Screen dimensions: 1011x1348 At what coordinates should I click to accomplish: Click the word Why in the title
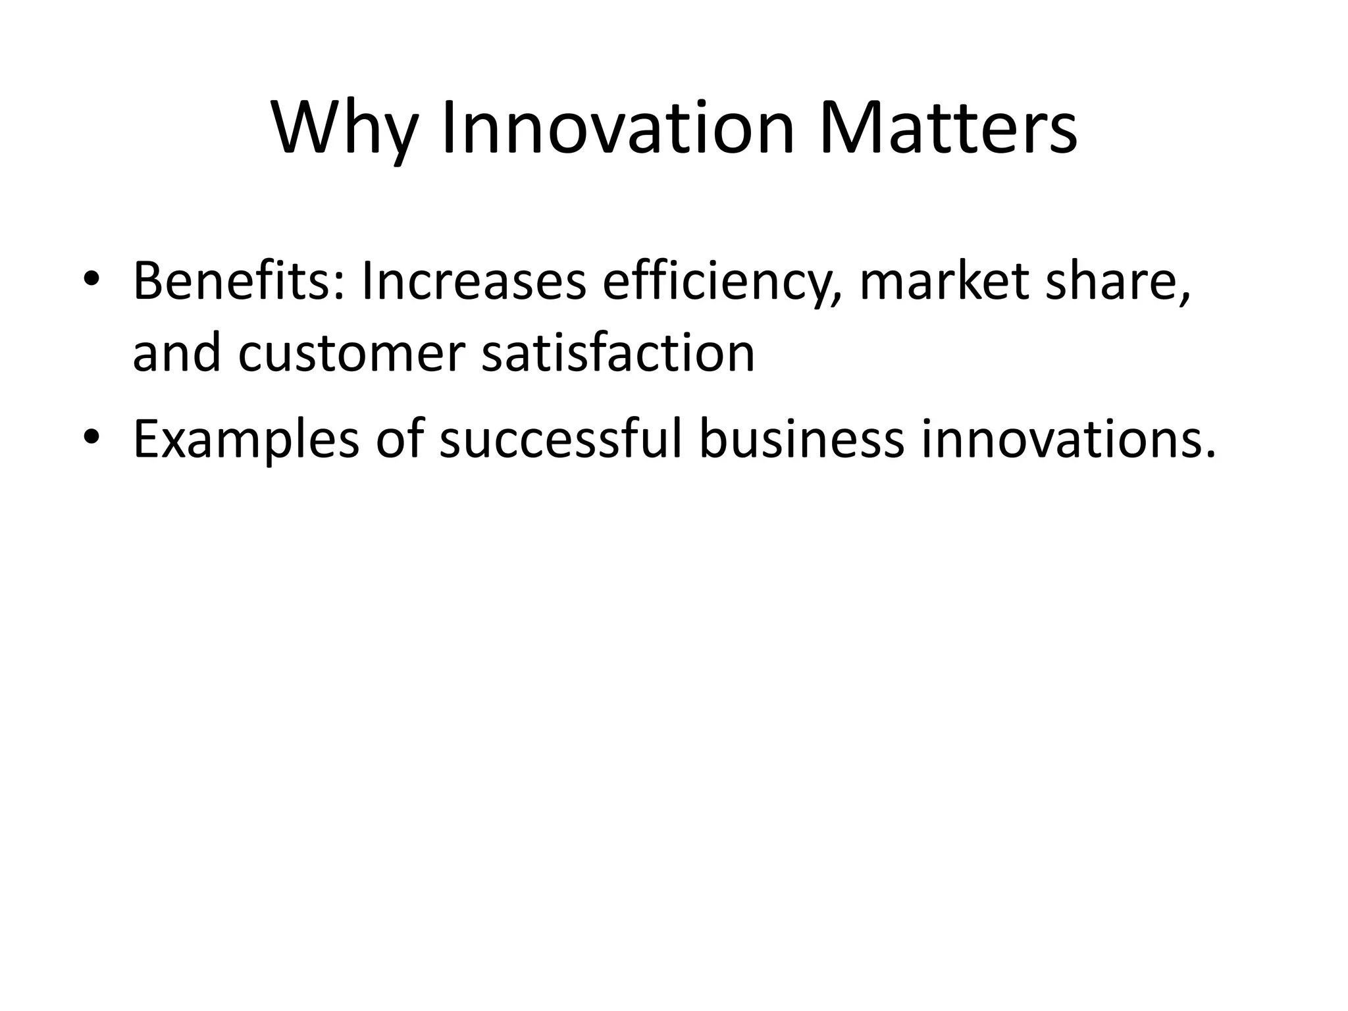[x=344, y=128]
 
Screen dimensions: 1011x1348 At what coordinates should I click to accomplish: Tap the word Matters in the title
[x=948, y=128]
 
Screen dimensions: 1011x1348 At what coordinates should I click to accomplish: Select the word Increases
[x=473, y=282]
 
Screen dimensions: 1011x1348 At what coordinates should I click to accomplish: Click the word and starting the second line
[x=176, y=354]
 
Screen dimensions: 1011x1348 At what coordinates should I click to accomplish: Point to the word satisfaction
[x=618, y=354]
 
